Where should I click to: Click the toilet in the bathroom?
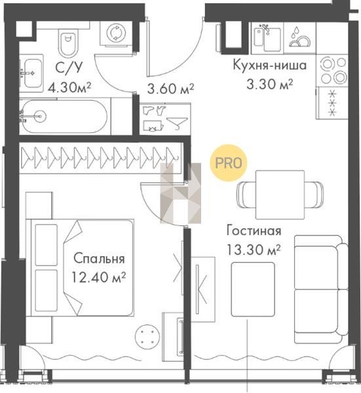tap(67, 42)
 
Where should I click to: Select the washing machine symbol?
tap(116, 33)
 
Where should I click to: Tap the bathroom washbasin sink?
tap(32, 73)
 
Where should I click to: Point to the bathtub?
tap(65, 117)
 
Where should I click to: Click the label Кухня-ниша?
tap(270, 65)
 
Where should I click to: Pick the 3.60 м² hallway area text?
tap(170, 88)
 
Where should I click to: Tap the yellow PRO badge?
tap(229, 163)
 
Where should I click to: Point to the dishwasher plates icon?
tap(300, 37)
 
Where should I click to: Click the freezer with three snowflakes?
tap(332, 103)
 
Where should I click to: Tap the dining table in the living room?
tap(280, 195)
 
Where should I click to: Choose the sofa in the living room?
tap(321, 290)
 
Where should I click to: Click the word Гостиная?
tap(254, 231)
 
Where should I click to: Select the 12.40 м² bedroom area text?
tap(99, 277)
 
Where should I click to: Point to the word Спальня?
tap(99, 259)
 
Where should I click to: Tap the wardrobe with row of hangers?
tap(100, 158)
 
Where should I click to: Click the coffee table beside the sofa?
tap(253, 290)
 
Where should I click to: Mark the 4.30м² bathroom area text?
tap(69, 88)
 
